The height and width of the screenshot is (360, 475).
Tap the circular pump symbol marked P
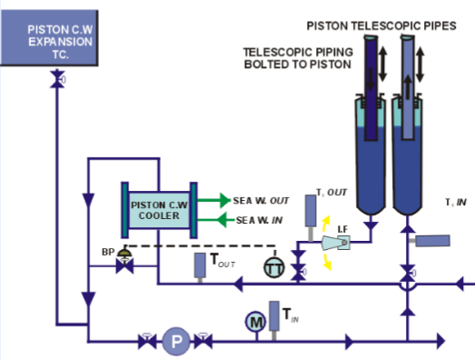pos(173,342)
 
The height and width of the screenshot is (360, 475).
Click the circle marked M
pos(255,320)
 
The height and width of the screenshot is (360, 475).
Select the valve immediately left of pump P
pos(145,342)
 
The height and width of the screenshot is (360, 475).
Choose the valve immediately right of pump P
pos(203,342)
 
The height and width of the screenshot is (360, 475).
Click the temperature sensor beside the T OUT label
pos(200,265)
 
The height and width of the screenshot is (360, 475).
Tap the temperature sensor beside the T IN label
pos(274,317)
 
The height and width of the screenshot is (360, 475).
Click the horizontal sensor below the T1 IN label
pos(433,241)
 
